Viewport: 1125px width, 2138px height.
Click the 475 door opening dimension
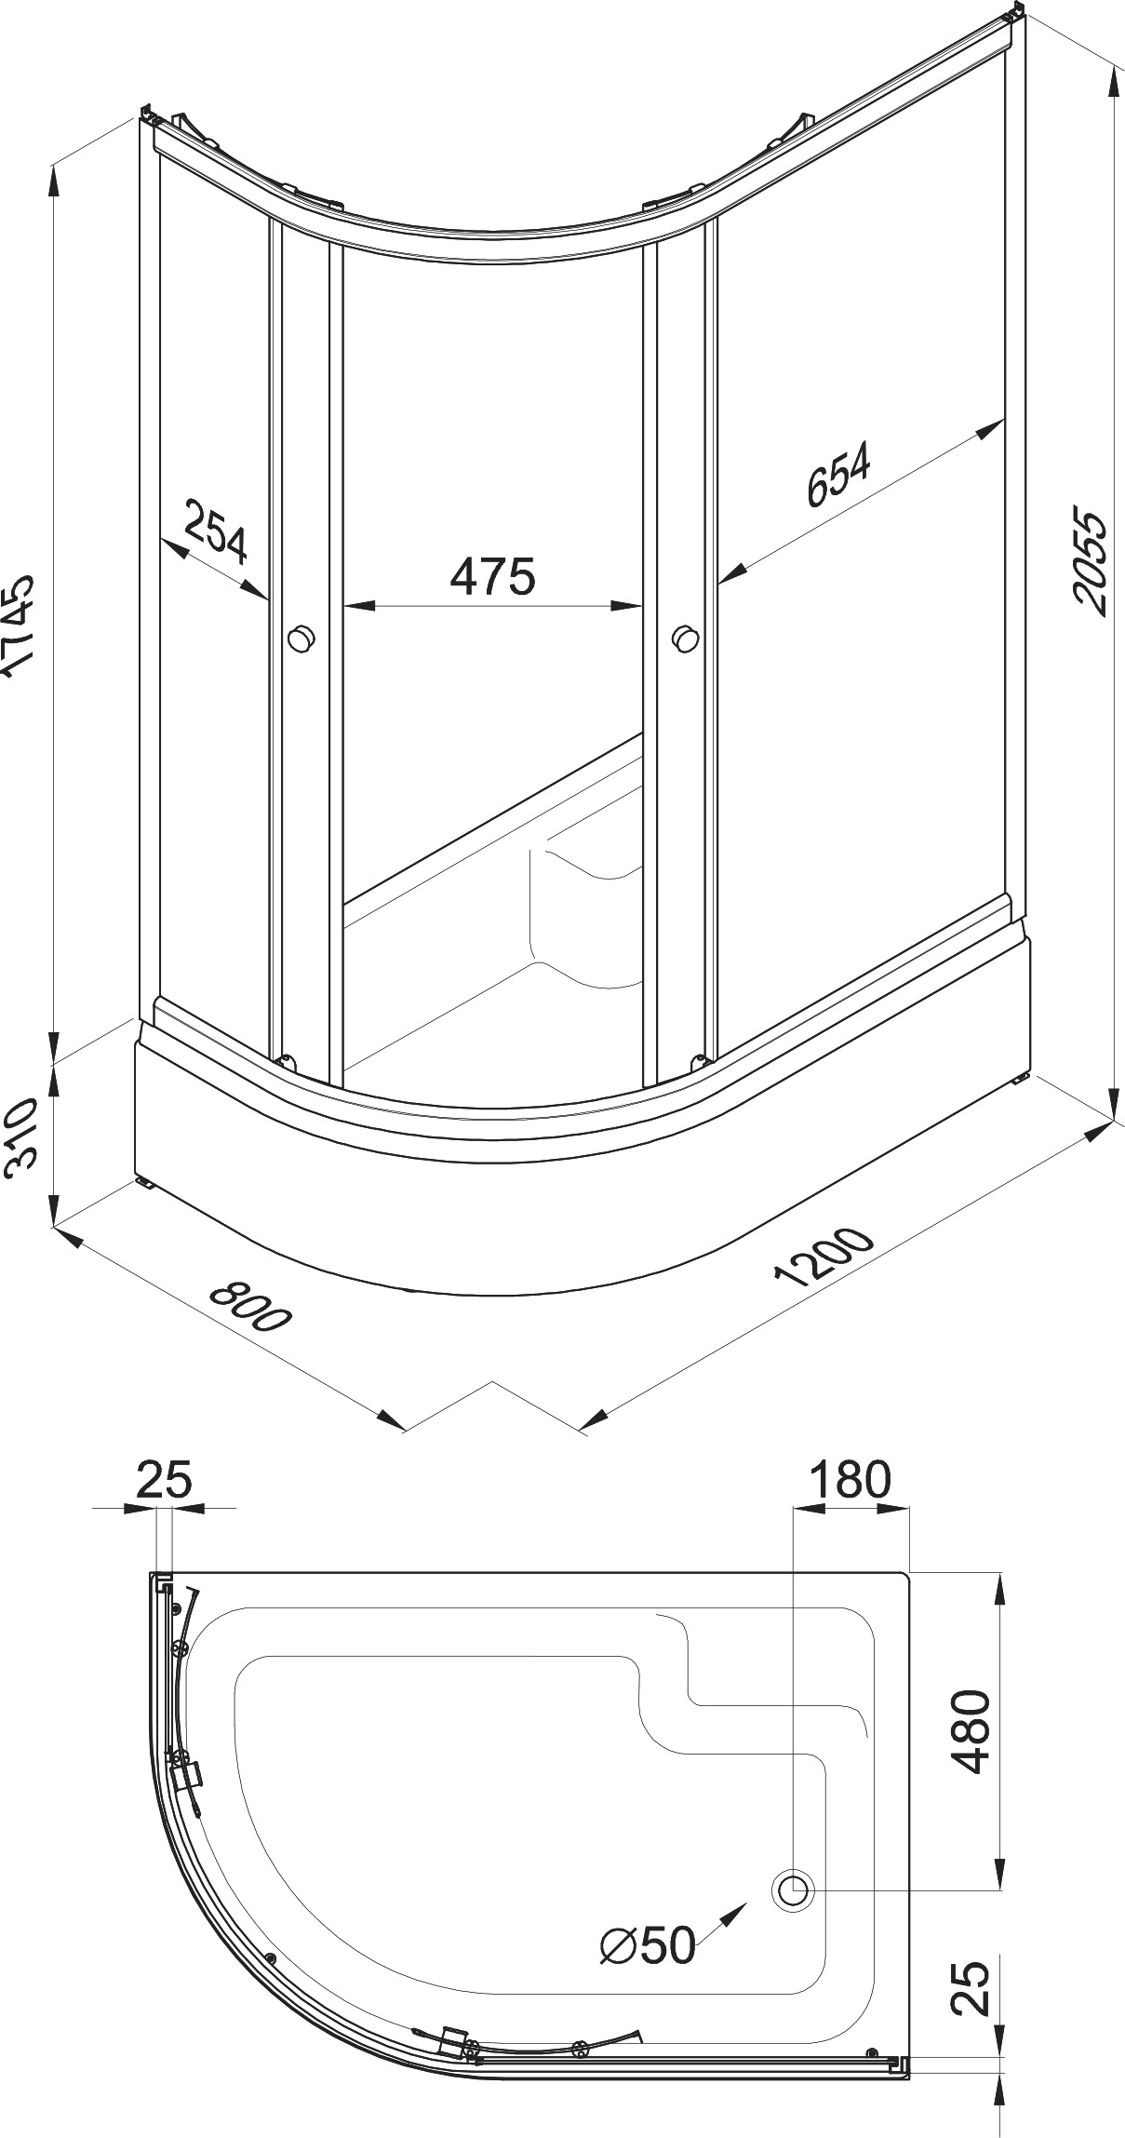click(492, 576)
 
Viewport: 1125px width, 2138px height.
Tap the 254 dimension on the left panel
click(216, 531)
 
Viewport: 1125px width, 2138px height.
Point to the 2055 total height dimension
click(1090, 561)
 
